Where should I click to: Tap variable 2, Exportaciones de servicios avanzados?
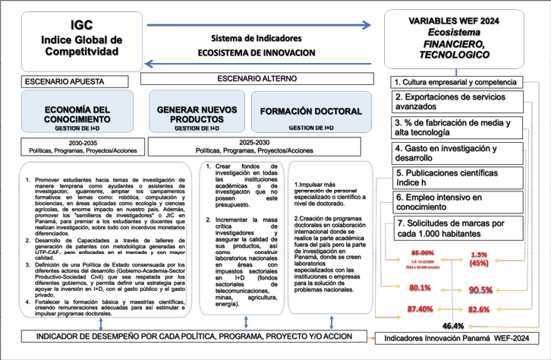[455, 101]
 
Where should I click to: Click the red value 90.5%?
[478, 289]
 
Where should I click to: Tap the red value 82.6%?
[478, 310]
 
